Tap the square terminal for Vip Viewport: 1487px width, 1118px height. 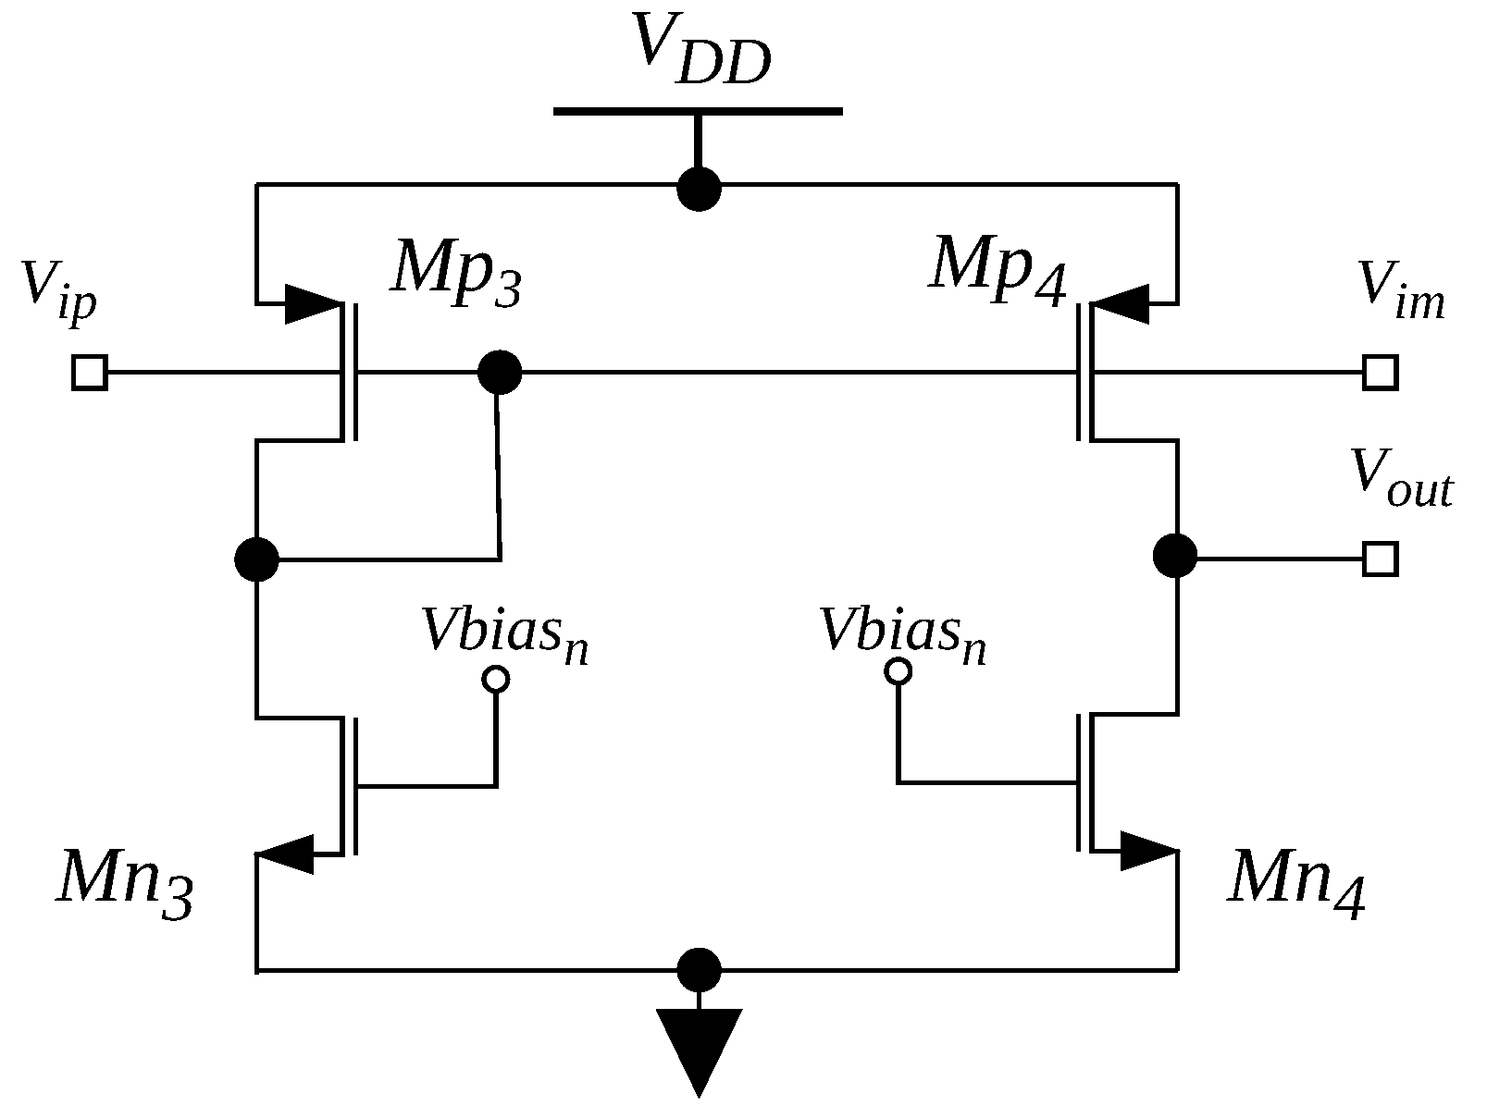[90, 374]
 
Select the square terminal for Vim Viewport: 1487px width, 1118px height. [1380, 374]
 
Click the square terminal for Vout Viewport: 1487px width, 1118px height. [1380, 559]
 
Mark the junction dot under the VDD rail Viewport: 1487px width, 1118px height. [699, 189]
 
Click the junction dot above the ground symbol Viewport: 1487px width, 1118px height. [699, 970]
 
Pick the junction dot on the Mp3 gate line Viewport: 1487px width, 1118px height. [500, 374]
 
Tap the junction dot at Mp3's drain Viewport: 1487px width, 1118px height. [256, 559]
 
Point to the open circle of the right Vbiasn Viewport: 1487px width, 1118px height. [898, 671]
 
